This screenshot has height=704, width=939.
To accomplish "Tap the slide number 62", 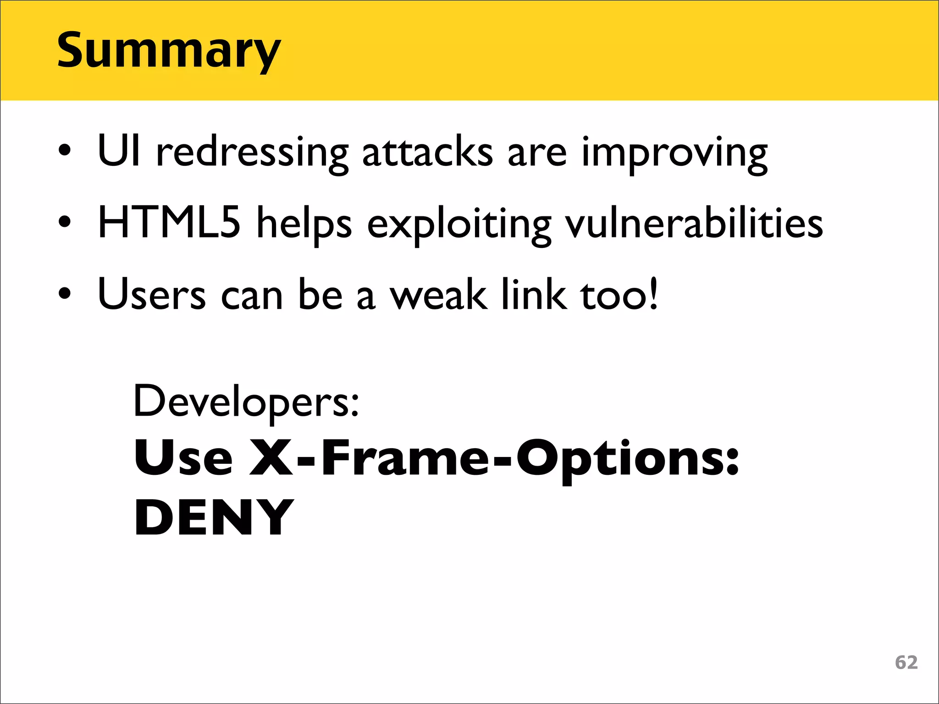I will click(x=906, y=662).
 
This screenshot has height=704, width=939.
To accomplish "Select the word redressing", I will click(x=252, y=154).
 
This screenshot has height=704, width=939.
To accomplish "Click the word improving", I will click(x=674, y=154).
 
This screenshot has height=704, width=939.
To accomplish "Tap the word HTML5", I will click(x=169, y=223).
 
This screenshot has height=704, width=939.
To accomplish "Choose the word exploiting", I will click(x=459, y=225).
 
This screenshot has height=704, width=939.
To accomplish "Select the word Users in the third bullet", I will click(x=152, y=294).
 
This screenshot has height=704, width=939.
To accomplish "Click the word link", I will click(x=534, y=294).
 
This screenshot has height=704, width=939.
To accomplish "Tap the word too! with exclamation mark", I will click(x=619, y=294).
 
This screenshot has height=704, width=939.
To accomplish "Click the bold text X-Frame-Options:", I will click(x=494, y=458).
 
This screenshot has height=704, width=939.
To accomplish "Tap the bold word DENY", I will click(x=214, y=518).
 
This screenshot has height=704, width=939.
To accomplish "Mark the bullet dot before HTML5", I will click(x=65, y=222).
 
